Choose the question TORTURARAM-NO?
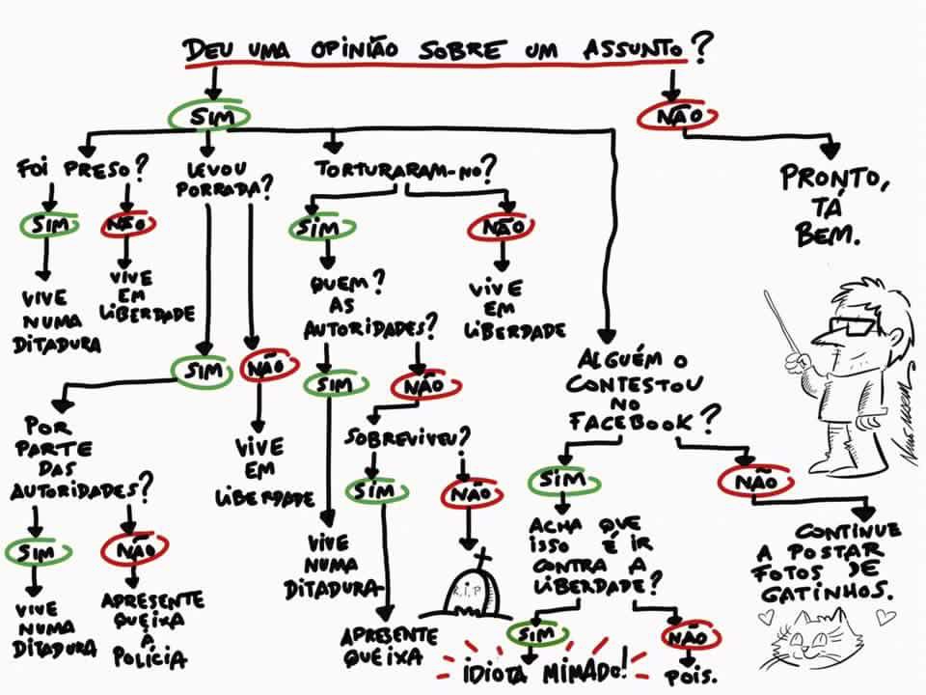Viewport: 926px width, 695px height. click(x=405, y=169)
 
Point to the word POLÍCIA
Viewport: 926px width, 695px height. click(x=150, y=658)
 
